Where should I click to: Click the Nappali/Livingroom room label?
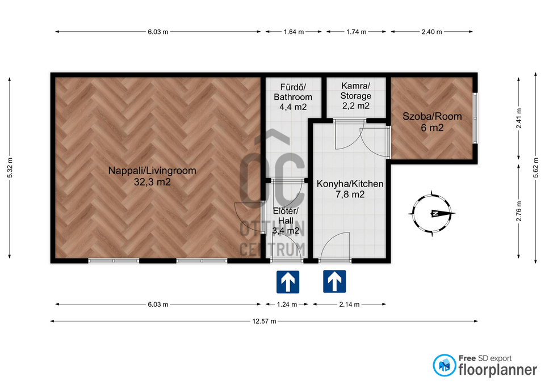tap(152, 176)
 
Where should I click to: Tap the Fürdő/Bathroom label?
tap(293, 97)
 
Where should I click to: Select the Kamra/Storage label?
tap(355, 95)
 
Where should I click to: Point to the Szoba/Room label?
tap(432, 122)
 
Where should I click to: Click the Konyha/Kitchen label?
tap(350, 189)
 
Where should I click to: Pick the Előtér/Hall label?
tap(286, 221)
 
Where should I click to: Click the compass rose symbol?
tap(431, 214)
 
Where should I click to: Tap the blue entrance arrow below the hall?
tap(288, 282)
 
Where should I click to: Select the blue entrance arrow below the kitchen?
tap(334, 282)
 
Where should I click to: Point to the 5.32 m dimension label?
tap(10, 168)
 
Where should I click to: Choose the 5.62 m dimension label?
tap(535, 168)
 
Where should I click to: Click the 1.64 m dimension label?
tap(294, 32)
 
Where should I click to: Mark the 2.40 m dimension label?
tap(431, 32)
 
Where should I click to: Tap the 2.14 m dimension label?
tap(349, 304)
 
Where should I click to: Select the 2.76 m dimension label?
tap(519, 211)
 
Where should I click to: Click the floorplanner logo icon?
tap(444, 365)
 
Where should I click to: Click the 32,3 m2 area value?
tap(152, 182)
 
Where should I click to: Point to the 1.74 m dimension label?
tap(357, 32)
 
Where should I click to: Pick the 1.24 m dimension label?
tap(287, 304)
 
